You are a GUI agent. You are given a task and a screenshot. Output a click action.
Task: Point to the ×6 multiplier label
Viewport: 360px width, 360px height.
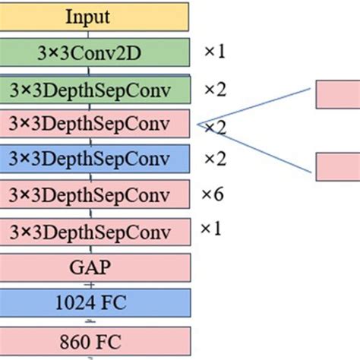[x=213, y=194]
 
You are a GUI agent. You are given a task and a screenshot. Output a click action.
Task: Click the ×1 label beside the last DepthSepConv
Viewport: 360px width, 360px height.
[x=211, y=228]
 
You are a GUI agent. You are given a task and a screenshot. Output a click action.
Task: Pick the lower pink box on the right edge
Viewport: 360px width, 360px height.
[x=337, y=166]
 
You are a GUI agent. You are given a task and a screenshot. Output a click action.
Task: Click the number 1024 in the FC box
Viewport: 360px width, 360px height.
[x=76, y=302]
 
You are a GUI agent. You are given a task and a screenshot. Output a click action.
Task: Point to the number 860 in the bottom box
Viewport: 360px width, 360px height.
[x=77, y=338]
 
